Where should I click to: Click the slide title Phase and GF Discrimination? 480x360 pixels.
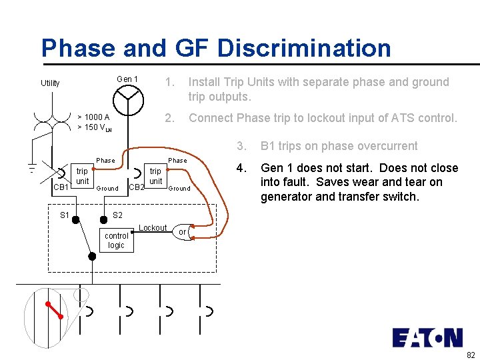click(216, 48)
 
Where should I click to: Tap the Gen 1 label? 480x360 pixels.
click(127, 79)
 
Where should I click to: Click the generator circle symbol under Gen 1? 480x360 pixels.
click(127, 100)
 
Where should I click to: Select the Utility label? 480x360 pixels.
click(50, 83)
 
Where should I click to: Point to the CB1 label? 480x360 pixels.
click(61, 187)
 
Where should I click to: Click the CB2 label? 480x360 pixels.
click(136, 187)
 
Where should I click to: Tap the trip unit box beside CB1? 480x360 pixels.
click(82, 177)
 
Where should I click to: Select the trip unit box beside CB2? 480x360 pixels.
click(155, 177)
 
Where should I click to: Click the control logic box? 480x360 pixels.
click(117, 241)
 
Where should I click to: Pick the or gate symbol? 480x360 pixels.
click(183, 232)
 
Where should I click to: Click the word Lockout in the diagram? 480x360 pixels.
click(153, 228)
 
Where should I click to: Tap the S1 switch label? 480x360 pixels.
click(65, 215)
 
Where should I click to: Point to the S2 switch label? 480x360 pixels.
click(117, 215)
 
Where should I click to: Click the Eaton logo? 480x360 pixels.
click(427, 337)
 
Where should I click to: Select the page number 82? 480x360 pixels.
click(471, 354)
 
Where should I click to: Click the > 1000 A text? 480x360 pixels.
click(93, 117)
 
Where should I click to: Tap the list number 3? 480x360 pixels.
click(243, 146)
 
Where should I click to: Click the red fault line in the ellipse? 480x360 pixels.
click(54, 310)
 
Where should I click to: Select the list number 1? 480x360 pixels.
click(170, 82)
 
